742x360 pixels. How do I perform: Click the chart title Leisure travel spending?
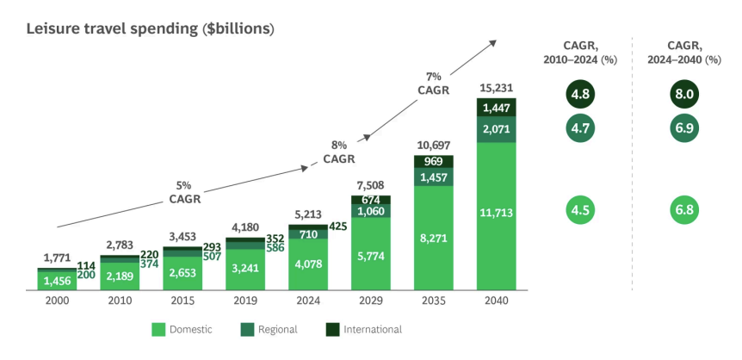click(150, 29)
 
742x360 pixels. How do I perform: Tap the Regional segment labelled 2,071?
click(497, 129)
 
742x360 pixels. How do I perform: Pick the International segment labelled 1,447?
click(497, 108)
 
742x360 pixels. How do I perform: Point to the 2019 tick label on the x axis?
click(245, 300)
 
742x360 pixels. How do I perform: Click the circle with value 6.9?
click(685, 127)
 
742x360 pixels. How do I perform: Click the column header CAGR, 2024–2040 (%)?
click(685, 53)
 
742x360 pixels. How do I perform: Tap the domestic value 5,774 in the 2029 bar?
click(371, 256)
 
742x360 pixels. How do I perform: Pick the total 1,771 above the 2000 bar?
click(57, 258)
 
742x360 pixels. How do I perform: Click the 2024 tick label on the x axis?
click(308, 300)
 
